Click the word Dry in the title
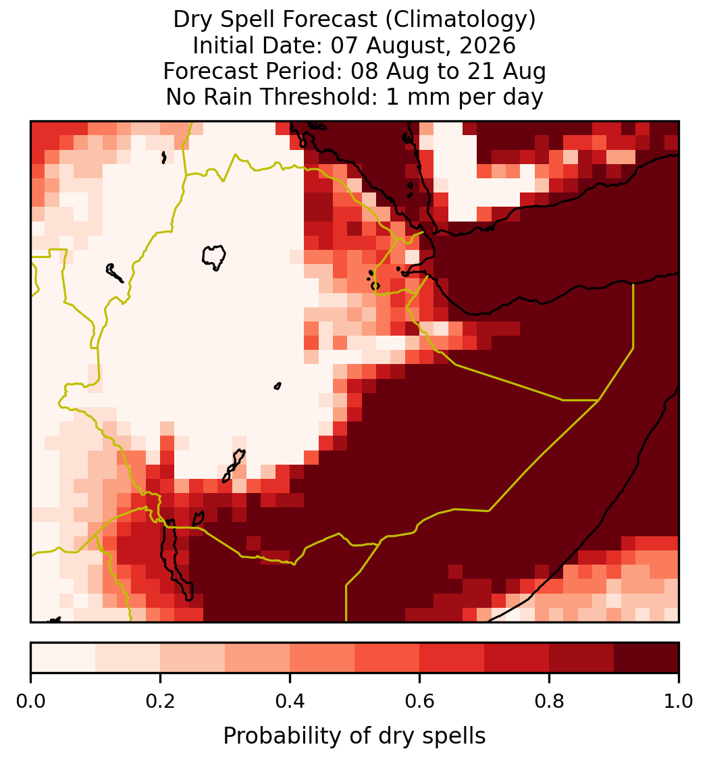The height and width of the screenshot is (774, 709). (x=194, y=20)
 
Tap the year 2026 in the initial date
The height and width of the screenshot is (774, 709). (x=488, y=45)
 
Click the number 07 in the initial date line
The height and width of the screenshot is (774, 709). (x=345, y=45)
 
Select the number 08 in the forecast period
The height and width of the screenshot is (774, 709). (x=365, y=71)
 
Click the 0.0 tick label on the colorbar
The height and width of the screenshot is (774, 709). (x=30, y=702)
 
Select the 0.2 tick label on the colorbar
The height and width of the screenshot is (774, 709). (x=160, y=702)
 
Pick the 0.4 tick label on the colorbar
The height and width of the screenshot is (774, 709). (x=290, y=702)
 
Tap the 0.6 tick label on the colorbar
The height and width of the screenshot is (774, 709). (x=420, y=702)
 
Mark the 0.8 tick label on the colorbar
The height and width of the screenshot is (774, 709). (x=550, y=702)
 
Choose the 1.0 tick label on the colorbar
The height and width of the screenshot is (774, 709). (x=679, y=702)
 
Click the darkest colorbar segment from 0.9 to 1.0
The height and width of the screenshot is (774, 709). (x=647, y=658)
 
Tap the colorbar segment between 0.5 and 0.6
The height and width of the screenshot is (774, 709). (x=388, y=658)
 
